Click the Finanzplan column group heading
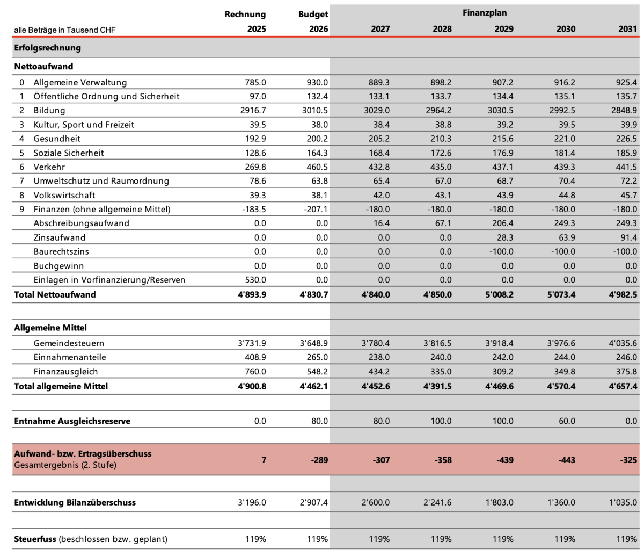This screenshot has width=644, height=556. click(484, 12)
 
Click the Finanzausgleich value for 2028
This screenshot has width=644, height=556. click(441, 372)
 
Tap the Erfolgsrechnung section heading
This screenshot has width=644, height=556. click(48, 48)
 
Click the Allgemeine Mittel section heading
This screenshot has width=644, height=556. click(50, 328)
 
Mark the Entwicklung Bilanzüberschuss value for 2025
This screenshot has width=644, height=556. click(252, 503)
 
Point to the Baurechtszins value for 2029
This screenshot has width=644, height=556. click(501, 251)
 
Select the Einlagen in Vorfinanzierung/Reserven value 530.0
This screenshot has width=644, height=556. click(255, 280)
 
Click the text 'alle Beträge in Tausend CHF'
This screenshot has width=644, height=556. click(65, 30)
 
